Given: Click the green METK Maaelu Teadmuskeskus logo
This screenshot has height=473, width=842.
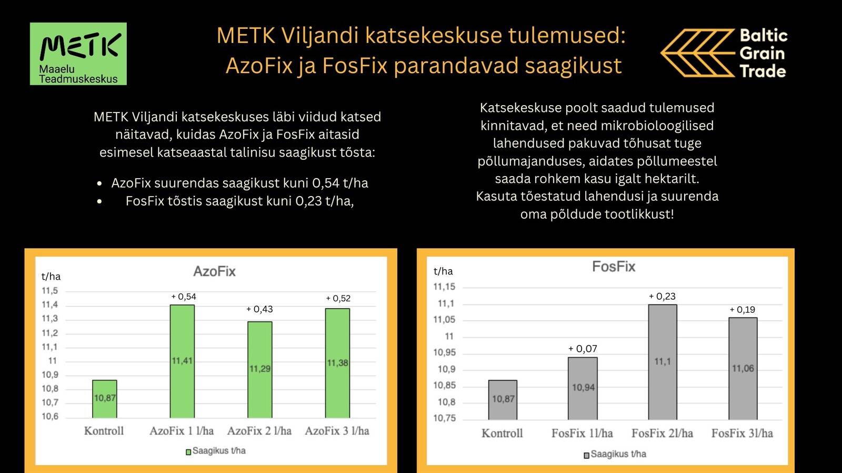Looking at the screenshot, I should (78, 54).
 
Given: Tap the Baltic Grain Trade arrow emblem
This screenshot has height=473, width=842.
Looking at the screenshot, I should (698, 53).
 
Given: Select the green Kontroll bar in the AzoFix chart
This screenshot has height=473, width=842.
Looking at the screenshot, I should (105, 399).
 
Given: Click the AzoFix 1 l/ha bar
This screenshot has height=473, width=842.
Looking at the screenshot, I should (182, 362).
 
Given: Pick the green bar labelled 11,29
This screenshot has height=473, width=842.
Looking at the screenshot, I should (260, 369).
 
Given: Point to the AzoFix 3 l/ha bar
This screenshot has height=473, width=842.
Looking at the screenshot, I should (337, 363).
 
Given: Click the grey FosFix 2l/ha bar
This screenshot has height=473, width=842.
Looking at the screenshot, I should (663, 362).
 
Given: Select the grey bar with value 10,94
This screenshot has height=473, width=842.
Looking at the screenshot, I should (583, 388).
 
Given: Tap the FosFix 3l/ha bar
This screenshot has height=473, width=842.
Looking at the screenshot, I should (743, 368).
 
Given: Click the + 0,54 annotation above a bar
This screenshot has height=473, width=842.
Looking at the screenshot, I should (184, 297).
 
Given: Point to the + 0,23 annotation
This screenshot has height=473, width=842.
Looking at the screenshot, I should (662, 296).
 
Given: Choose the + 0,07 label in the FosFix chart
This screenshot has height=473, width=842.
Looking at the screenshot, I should (583, 349).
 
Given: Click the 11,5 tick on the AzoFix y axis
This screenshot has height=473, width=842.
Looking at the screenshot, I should (50, 291).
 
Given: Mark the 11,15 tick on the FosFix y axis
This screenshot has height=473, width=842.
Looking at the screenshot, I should (444, 287).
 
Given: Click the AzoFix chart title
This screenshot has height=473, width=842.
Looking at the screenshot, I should (214, 271).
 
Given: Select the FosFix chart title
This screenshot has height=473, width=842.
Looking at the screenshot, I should (614, 266).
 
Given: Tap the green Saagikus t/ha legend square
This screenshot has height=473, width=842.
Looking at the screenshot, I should (188, 452).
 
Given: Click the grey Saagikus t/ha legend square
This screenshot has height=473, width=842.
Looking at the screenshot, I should (586, 455).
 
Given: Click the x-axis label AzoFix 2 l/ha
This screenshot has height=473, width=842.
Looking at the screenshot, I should (259, 431).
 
